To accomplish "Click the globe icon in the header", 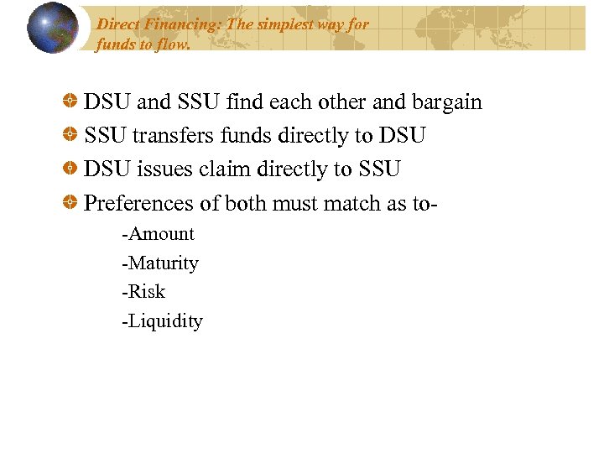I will (x=54, y=28).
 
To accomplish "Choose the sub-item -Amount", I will (x=158, y=234).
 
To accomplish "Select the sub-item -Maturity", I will (x=160, y=263).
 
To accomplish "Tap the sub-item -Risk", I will (x=143, y=292).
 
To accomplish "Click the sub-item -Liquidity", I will (x=162, y=321).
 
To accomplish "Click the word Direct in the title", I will (x=117, y=24).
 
